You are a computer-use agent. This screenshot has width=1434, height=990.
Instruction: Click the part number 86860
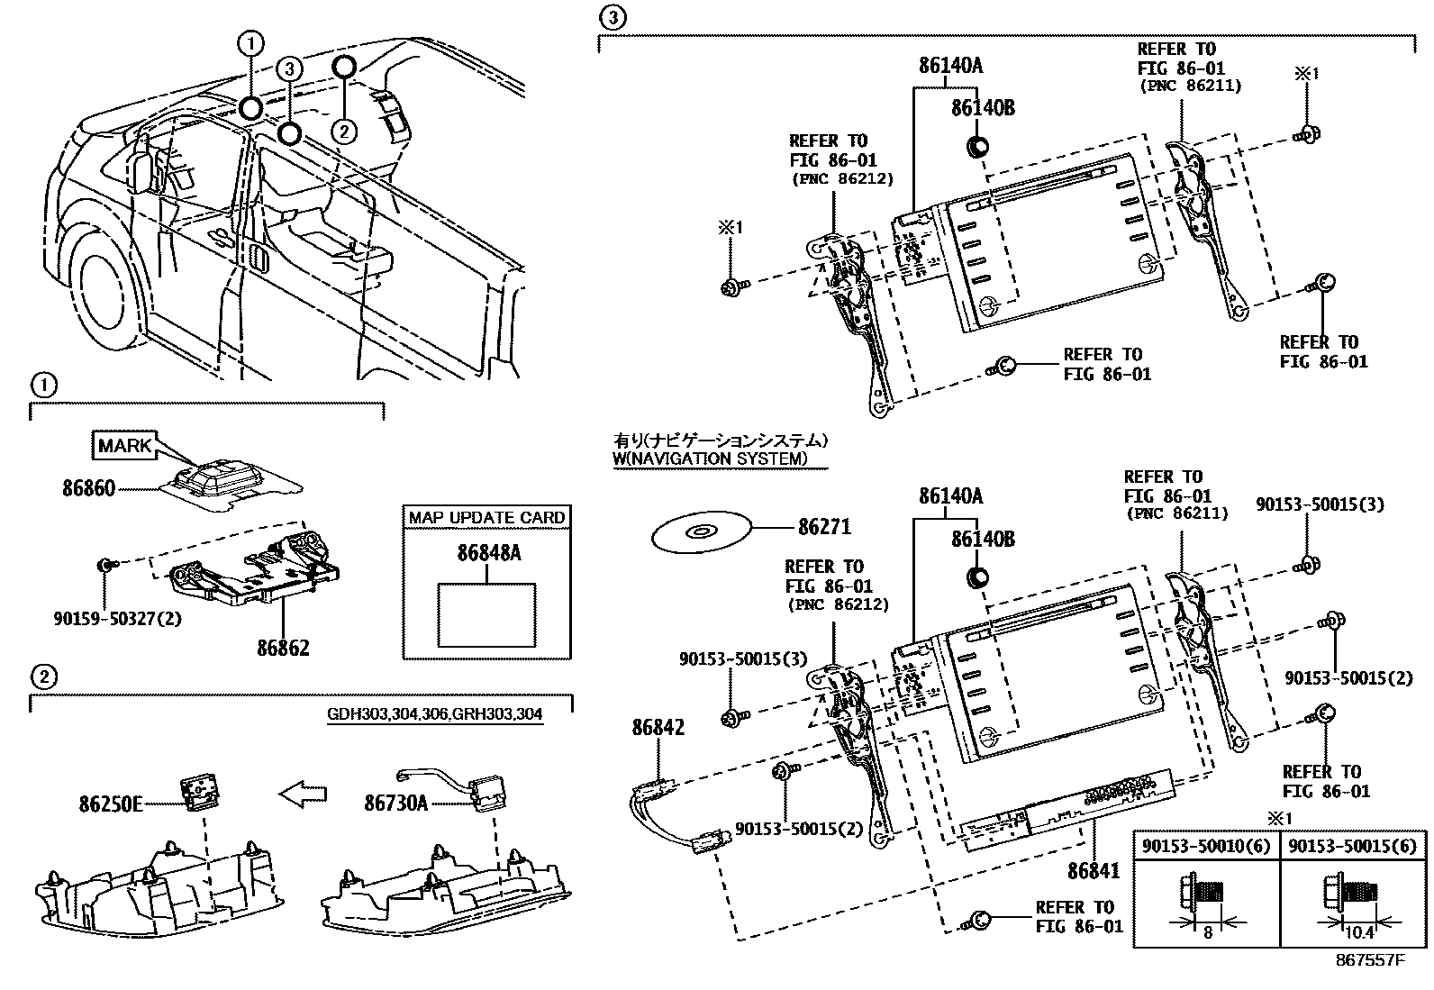click(x=88, y=489)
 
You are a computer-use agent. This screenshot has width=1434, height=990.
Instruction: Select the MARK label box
click(x=124, y=445)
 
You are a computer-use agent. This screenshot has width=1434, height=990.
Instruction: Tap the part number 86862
click(x=283, y=648)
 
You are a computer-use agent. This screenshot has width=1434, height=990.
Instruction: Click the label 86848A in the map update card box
click(x=488, y=553)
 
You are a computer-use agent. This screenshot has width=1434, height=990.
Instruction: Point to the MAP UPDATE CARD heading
click(x=486, y=518)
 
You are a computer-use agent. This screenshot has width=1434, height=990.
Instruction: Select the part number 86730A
click(x=395, y=804)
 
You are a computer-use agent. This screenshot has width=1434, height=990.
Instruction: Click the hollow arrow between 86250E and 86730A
click(x=303, y=795)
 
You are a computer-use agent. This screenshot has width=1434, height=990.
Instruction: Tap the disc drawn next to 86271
click(x=701, y=534)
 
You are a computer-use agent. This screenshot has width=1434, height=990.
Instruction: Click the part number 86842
click(x=658, y=726)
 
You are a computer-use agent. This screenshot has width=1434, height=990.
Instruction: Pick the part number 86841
click(x=1093, y=871)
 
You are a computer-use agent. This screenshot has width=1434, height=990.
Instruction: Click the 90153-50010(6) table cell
click(x=1205, y=846)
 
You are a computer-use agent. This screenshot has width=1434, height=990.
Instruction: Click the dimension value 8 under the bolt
click(x=1207, y=933)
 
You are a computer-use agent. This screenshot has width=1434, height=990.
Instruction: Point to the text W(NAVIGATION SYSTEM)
click(x=709, y=459)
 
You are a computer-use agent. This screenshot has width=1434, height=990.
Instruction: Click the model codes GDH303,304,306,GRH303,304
click(x=435, y=715)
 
